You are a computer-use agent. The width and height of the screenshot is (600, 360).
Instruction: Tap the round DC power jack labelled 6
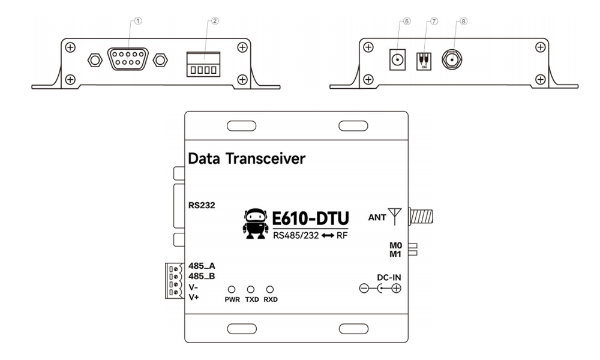397,60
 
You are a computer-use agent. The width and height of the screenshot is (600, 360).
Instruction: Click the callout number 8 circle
463,20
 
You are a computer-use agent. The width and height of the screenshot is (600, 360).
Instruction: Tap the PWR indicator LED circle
231,290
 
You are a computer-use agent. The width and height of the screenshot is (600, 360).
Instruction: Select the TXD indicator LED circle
251,290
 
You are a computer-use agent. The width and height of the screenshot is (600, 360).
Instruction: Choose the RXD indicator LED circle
271,290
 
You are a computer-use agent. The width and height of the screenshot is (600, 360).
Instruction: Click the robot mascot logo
255,223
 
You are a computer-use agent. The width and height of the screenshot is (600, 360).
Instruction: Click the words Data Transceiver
247,160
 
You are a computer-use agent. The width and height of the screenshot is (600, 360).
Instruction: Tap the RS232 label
202,206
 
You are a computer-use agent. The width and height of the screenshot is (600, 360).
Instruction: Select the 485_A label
202,266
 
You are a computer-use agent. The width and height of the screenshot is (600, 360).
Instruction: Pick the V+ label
193,297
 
